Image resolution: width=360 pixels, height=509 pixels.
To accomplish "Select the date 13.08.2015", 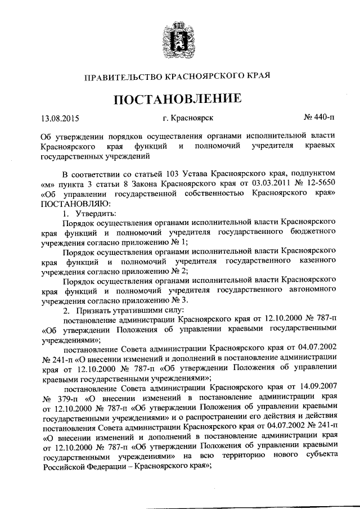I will click(60, 118).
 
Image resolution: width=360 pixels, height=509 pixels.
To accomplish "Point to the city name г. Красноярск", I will click(187, 118).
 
